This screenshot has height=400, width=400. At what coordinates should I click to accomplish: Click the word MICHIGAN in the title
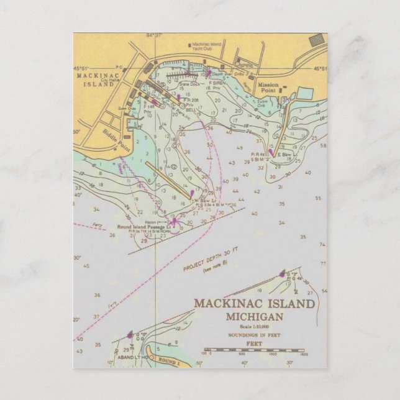pyautogui.click(x=255, y=317)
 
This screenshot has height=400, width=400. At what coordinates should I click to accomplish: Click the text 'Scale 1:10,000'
pyautogui.click(x=255, y=327)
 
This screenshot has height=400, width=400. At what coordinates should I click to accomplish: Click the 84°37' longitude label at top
pyautogui.click(x=155, y=35)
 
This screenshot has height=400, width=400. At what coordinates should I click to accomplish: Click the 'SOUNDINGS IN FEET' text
pyautogui.click(x=255, y=335)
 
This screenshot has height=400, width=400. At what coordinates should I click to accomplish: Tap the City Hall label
pyautogui.click(x=111, y=80)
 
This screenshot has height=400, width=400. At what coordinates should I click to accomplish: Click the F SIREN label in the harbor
pyautogui.click(x=217, y=83)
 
